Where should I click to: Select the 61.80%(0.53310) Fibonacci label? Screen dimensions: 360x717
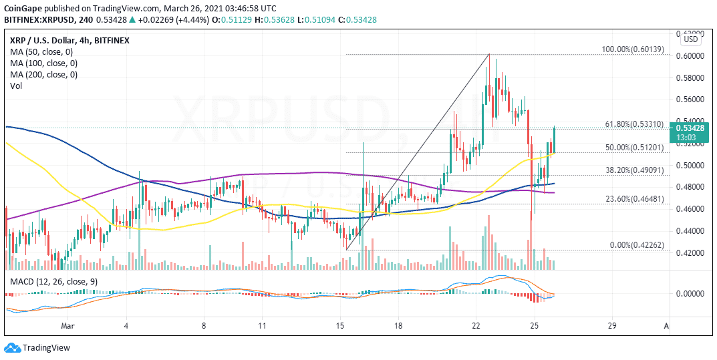(633, 124)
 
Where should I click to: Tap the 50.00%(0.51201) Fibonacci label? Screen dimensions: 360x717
(633, 148)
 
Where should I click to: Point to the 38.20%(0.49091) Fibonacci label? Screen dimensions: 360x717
(633, 170)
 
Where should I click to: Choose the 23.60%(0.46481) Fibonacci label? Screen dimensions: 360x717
(633, 198)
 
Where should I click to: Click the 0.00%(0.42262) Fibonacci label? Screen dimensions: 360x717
(635, 245)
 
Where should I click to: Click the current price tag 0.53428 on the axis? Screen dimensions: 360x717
(692, 128)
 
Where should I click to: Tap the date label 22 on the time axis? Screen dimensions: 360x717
(476, 326)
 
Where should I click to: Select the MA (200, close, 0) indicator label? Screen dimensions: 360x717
(43, 75)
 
